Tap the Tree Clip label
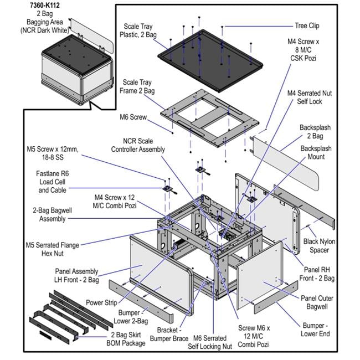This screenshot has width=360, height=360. (306, 25)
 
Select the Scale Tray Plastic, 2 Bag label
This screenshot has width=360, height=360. (138, 30)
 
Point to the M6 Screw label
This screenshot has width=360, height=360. (133, 117)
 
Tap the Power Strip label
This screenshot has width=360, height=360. (101, 303)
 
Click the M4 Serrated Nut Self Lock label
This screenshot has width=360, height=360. (312, 97)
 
